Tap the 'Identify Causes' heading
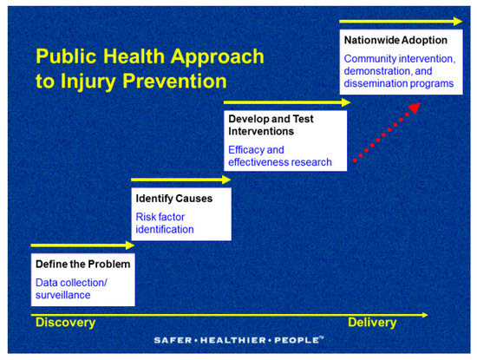[173, 199]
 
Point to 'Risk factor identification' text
[165, 223]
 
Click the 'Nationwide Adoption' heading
[395, 41]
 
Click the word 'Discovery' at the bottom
[64, 323]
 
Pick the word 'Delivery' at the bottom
[372, 323]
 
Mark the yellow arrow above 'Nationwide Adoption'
[399, 21]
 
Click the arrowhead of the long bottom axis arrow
[423, 314]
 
